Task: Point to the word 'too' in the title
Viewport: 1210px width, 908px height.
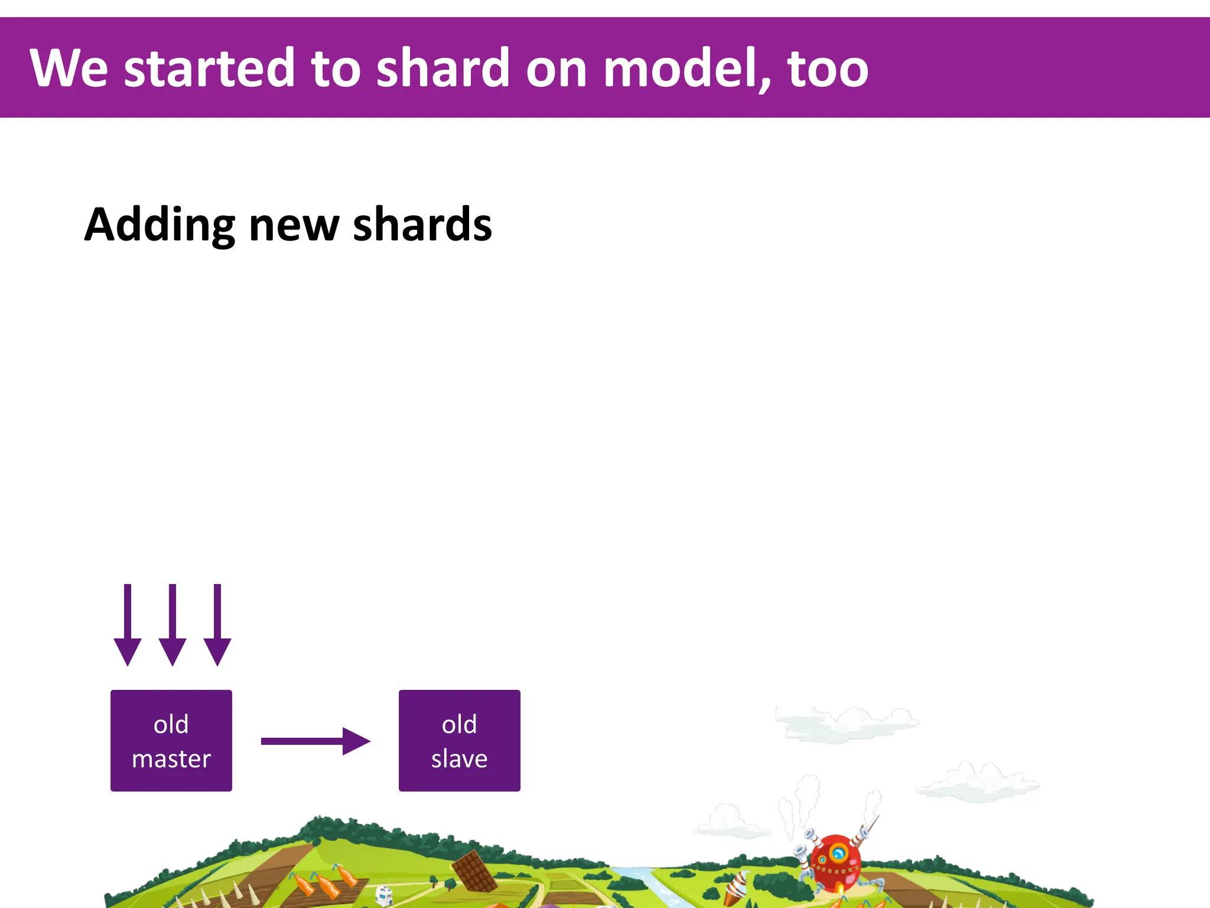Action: click(828, 69)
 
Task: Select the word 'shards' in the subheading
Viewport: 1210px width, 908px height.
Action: click(422, 225)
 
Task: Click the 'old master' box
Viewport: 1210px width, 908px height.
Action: click(171, 741)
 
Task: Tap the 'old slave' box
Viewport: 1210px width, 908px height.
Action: click(459, 741)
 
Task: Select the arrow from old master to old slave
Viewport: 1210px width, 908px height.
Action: click(315, 741)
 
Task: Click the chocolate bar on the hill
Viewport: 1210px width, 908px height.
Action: click(474, 871)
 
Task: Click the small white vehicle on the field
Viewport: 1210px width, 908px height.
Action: click(383, 894)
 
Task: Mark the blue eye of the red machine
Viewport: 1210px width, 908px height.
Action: click(838, 854)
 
